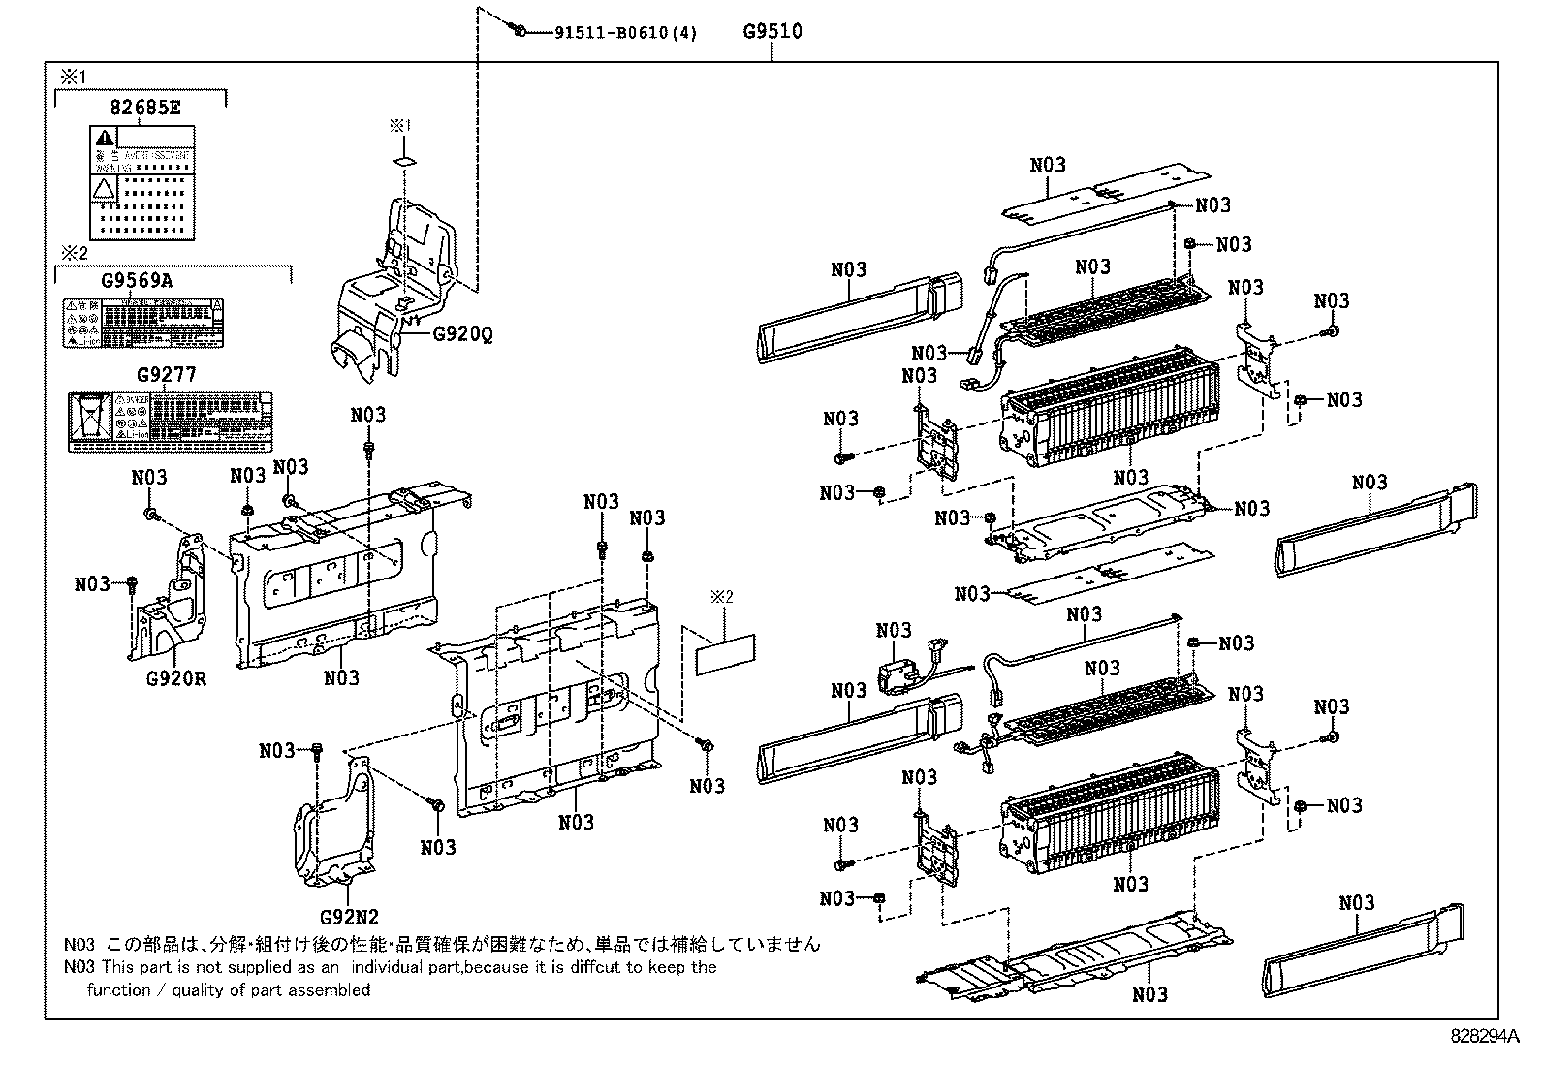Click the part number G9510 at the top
coord(772,31)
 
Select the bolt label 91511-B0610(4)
coord(625,32)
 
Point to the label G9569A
coord(138,281)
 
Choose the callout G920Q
coord(462,333)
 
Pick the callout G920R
coord(176,678)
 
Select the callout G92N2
coord(349,916)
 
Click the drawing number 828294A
coord(1487,1035)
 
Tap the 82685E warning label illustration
coord(142,182)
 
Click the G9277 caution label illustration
coord(171,422)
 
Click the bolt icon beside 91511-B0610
coord(520,31)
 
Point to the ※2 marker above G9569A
coord(74,254)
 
